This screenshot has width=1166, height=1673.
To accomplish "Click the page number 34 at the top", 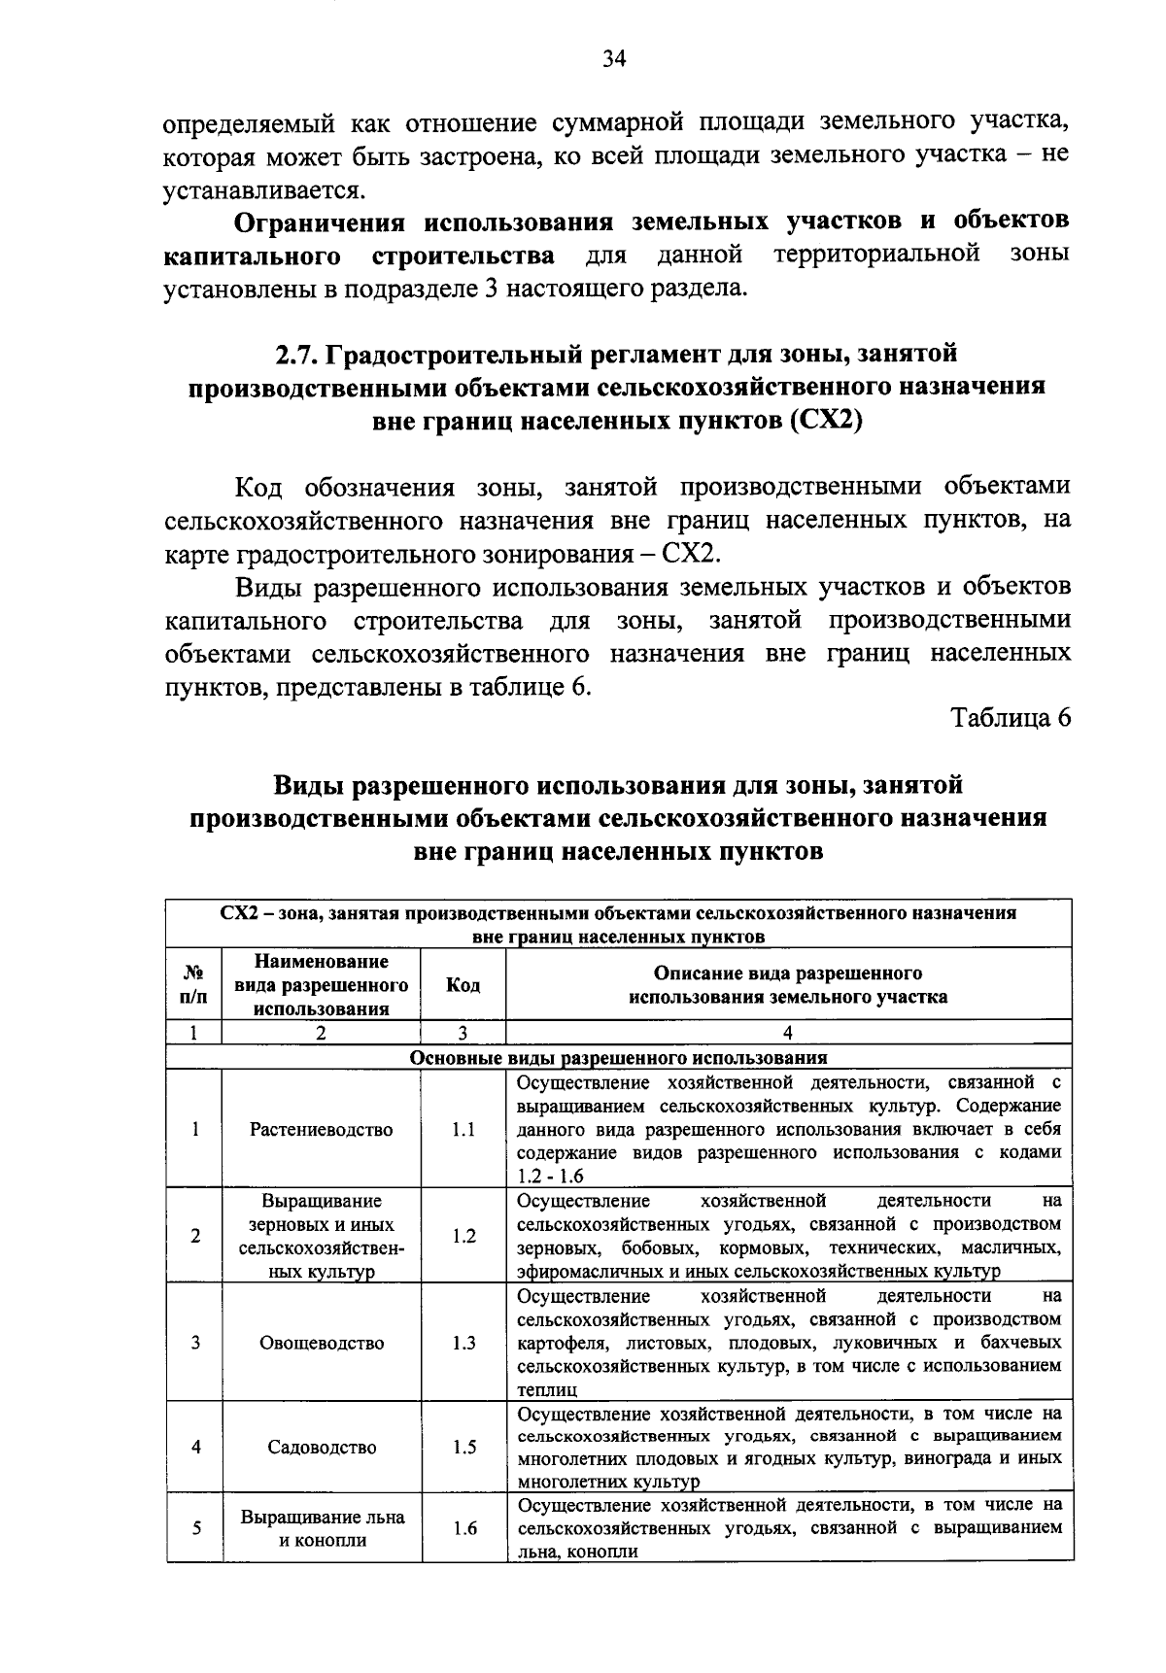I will [613, 59].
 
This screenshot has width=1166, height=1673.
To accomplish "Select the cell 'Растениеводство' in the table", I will [322, 1130].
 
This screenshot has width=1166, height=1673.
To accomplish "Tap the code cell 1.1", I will [463, 1130].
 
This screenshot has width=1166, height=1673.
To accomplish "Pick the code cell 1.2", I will [463, 1237].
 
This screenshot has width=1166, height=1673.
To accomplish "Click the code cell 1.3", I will [463, 1344].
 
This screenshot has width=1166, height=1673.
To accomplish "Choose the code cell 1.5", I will [463, 1448].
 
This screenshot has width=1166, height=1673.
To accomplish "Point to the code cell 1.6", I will [463, 1528].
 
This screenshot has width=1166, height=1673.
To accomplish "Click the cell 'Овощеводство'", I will [322, 1344].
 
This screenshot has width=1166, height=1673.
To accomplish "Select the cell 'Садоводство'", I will [322, 1448].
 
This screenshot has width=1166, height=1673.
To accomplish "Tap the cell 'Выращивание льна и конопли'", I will [322, 1528].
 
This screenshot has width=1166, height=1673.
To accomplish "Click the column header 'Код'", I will [463, 985].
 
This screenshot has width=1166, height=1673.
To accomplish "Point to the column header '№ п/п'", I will [194, 985].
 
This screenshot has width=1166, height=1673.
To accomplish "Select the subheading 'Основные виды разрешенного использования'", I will [619, 1058].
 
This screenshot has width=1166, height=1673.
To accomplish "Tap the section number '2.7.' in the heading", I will [297, 356].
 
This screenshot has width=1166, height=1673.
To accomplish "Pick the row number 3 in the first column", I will [195, 1344].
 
